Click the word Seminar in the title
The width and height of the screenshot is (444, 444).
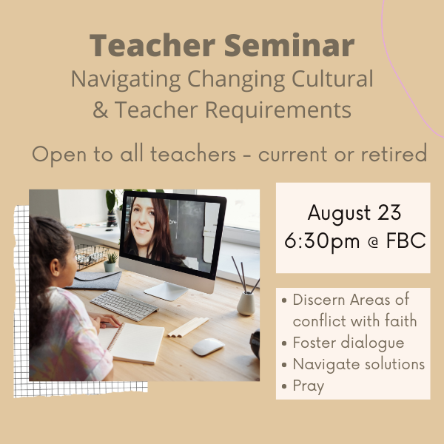point(289,45)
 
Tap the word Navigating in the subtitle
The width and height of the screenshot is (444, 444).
point(126,80)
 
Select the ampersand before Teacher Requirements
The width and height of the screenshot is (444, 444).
point(101,110)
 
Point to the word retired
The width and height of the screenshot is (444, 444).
point(394,154)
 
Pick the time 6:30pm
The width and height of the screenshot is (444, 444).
point(322,241)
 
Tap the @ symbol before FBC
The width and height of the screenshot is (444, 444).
point(374,243)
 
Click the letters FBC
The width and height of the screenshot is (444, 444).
point(406,240)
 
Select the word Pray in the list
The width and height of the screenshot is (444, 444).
point(309,386)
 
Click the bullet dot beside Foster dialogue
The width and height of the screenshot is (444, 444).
point(284,343)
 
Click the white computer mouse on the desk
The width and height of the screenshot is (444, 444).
point(208,346)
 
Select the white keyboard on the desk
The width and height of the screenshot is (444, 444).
point(124,305)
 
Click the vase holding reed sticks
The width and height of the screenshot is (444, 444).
point(246,303)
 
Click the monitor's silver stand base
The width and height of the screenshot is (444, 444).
point(166,291)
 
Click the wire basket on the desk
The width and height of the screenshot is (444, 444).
point(90,256)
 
